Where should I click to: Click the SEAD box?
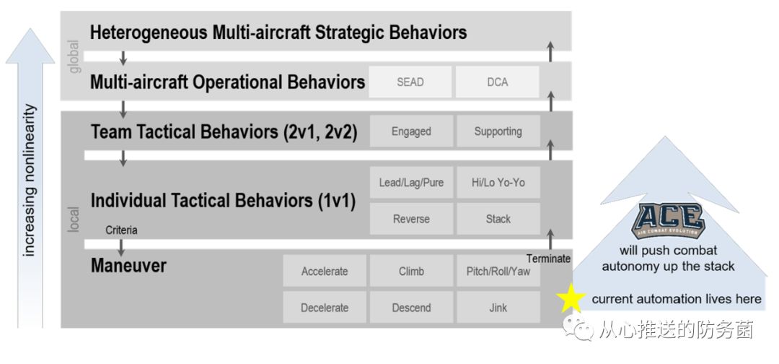[x=410, y=82]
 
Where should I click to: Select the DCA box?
[x=497, y=82]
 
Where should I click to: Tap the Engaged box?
[x=411, y=131]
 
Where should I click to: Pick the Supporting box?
[x=498, y=131]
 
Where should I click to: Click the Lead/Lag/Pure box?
[x=411, y=183]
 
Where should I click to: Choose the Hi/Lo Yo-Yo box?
[x=498, y=183]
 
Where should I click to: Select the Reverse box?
[x=411, y=219]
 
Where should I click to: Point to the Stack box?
[x=498, y=219]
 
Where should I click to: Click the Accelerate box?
[x=325, y=272]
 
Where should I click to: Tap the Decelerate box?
[x=325, y=308]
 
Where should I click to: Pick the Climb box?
[x=411, y=272]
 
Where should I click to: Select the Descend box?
[x=411, y=308]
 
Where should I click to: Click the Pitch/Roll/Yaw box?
[x=498, y=272]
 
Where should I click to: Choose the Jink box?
[x=498, y=308]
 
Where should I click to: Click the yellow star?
[x=571, y=298]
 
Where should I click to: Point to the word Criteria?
[x=121, y=230]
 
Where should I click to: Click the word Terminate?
[x=548, y=259]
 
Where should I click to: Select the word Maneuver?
[x=128, y=266]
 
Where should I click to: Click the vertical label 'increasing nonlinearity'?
[x=30, y=181]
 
